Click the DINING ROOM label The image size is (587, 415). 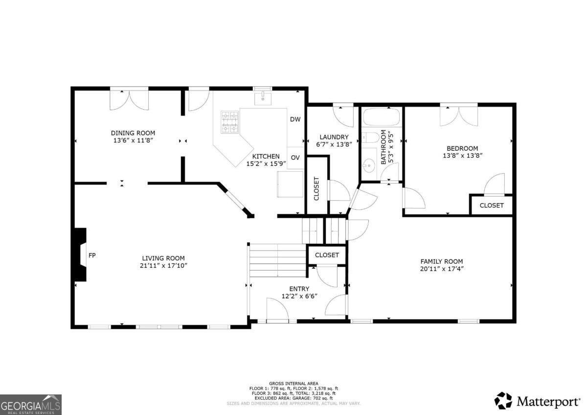click(x=133, y=133)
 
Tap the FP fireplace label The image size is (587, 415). click(x=92, y=255)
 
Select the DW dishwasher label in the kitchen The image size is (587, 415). click(x=295, y=119)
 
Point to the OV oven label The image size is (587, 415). click(x=295, y=158)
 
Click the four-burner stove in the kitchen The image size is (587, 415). click(x=230, y=122)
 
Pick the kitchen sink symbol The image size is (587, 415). click(x=263, y=98)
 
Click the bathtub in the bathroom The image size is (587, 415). click(x=382, y=117)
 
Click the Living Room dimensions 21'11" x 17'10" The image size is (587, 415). click(x=163, y=266)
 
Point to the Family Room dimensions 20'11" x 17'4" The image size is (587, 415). click(x=442, y=269)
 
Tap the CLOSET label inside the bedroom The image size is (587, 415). click(x=492, y=206)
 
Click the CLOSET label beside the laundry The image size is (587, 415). click(x=316, y=189)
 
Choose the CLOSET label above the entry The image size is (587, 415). click(x=327, y=255)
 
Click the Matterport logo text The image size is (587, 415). click(x=548, y=401)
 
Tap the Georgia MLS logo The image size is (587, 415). click(x=31, y=405)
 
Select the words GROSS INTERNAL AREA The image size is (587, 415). click(x=294, y=384)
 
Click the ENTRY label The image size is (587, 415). click(x=299, y=289)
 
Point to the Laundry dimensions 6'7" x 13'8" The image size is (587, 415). click(x=334, y=144)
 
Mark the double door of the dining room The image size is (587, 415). click(x=129, y=100)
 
